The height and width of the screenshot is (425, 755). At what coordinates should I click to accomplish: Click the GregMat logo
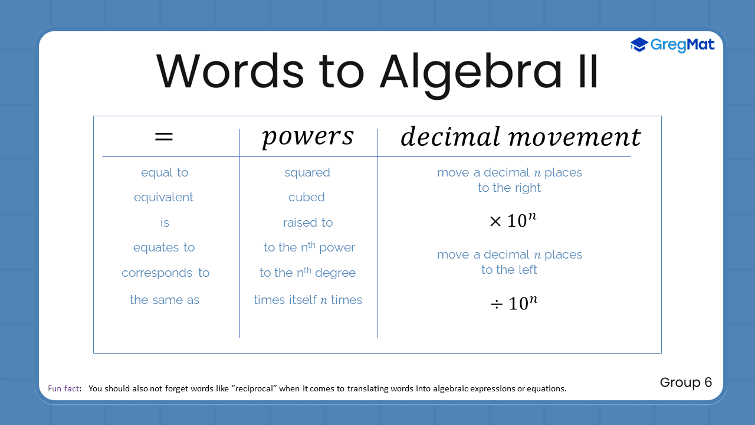[x=672, y=45]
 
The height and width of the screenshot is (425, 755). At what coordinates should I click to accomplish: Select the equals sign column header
[x=164, y=136]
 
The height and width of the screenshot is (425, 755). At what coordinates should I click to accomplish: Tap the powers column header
[x=307, y=136]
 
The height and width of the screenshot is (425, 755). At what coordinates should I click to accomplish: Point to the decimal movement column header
[x=520, y=137]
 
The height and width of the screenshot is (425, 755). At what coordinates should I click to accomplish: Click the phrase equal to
[x=165, y=172]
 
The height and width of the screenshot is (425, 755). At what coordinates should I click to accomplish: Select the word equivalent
[x=163, y=197]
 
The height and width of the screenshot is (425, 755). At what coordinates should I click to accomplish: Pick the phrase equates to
[x=164, y=247]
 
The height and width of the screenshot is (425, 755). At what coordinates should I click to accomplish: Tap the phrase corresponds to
[x=165, y=273]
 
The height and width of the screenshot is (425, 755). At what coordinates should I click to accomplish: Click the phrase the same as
[x=165, y=300]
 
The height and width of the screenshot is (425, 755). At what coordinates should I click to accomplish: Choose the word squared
[x=307, y=172]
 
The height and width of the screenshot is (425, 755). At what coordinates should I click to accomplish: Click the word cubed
[x=307, y=197]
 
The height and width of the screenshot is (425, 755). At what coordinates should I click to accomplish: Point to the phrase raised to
[x=308, y=223]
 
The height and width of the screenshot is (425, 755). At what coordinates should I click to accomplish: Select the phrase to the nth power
[x=309, y=247]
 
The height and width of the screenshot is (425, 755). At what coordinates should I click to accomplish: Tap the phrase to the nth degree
[x=307, y=273]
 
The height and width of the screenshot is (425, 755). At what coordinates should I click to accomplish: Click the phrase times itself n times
[x=308, y=300]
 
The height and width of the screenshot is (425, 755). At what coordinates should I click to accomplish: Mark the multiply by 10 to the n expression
[x=513, y=221]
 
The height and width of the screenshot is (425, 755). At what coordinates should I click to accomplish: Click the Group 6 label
[x=686, y=382]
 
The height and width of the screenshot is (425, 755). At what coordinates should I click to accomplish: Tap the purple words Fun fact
[x=64, y=388]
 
